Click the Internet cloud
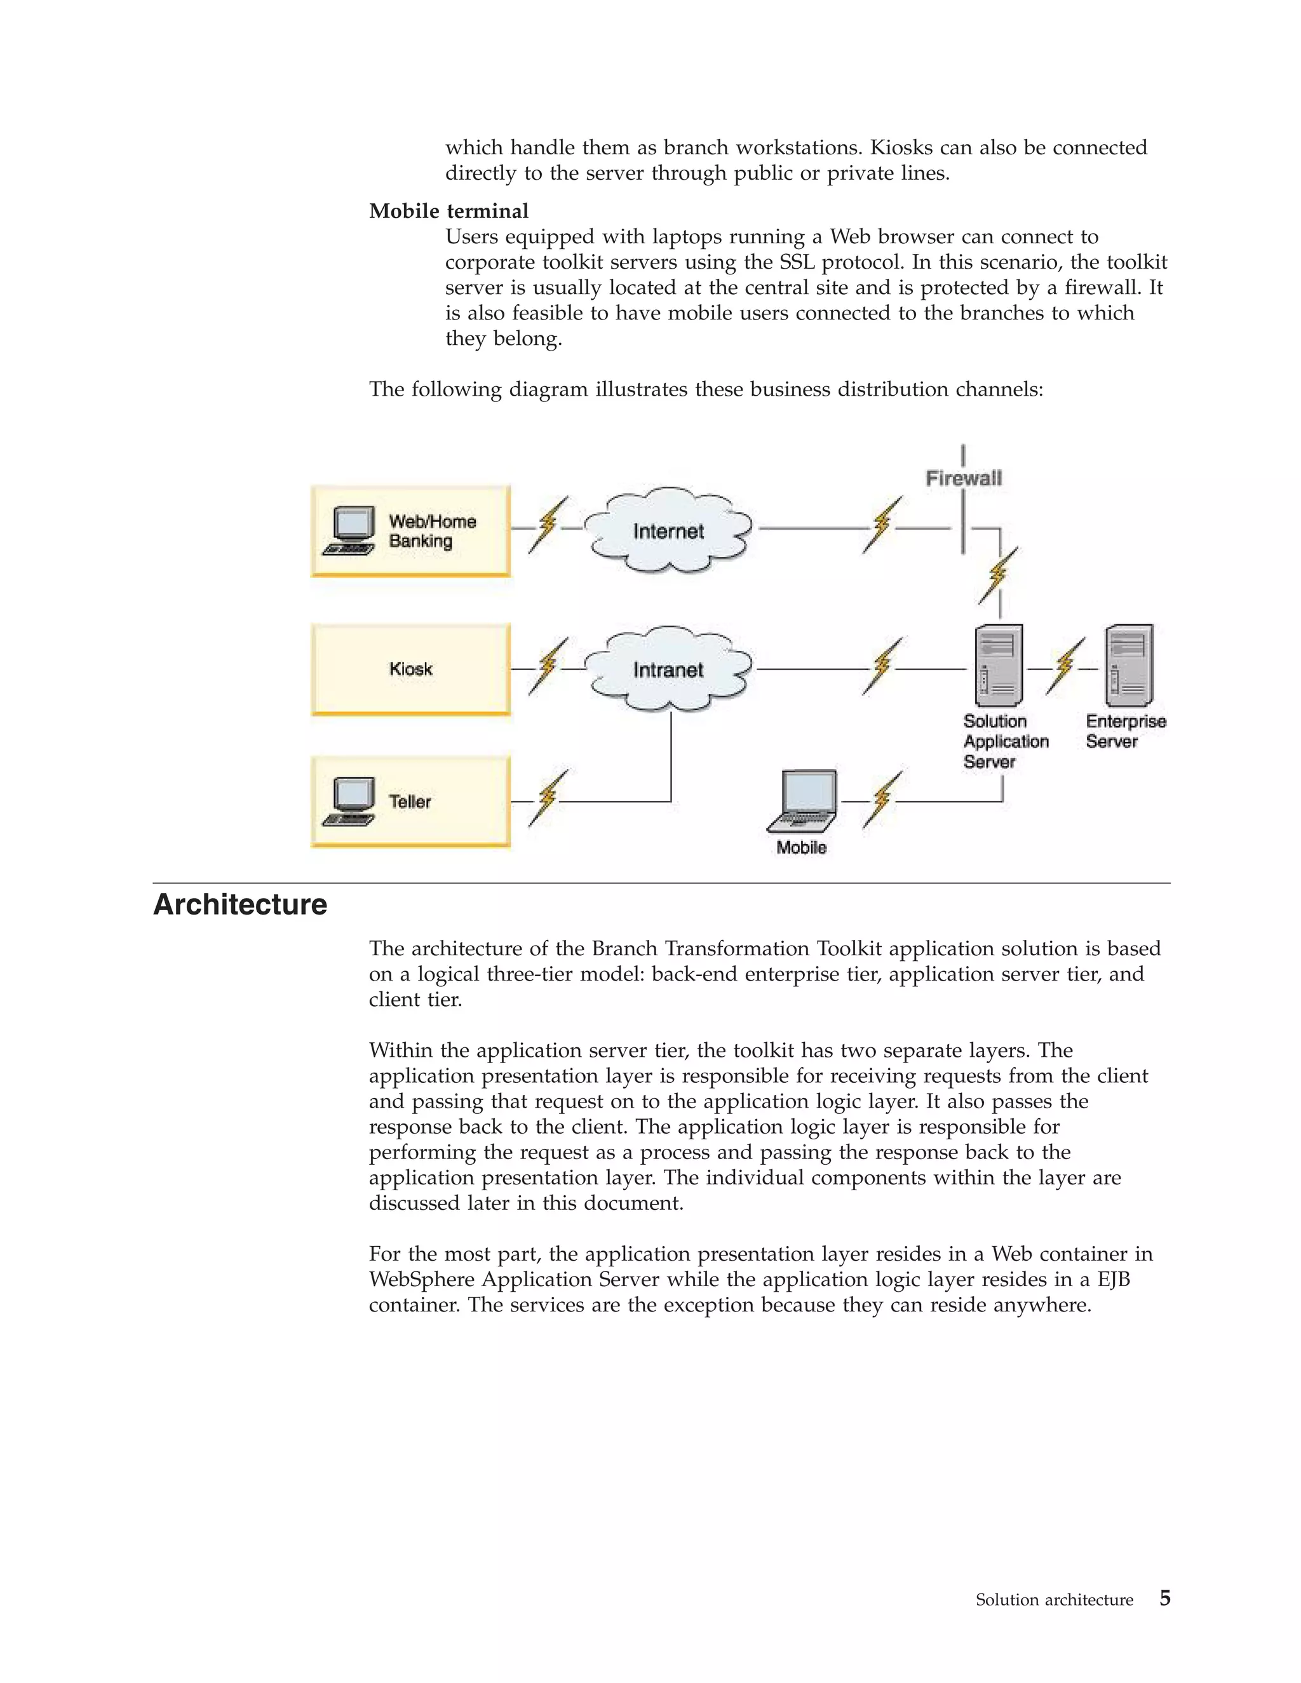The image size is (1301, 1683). tap(668, 530)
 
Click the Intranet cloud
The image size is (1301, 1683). tap(668, 669)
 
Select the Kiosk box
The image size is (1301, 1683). tap(411, 669)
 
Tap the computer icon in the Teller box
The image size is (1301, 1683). tap(351, 801)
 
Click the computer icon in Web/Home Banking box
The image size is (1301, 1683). tap(351, 530)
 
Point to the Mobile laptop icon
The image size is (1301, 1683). tap(803, 801)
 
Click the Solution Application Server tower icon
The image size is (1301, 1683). tap(998, 665)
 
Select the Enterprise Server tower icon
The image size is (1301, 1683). tap(1129, 665)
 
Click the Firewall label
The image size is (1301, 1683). tap(964, 479)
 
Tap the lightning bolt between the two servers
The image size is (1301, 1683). tap(1065, 666)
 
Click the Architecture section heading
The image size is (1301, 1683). tap(241, 904)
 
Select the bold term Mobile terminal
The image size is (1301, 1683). tap(448, 211)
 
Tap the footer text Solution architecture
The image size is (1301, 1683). tap(1054, 1600)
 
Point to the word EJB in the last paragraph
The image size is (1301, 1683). tap(1113, 1280)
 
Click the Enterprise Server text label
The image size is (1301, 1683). tap(1124, 731)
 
